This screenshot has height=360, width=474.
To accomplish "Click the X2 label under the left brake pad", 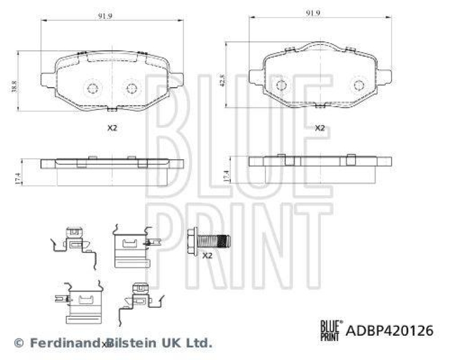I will click(112, 128).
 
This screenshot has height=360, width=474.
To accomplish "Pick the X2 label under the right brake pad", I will click(320, 128).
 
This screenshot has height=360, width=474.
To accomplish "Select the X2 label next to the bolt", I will click(207, 256).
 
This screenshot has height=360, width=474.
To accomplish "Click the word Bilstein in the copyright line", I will click(129, 343).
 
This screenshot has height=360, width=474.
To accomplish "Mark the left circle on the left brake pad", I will click(92, 89).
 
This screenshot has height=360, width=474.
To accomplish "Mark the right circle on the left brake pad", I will click(131, 89).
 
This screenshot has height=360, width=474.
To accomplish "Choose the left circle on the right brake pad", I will click(281, 85).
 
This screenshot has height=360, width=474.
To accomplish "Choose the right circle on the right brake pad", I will click(358, 85).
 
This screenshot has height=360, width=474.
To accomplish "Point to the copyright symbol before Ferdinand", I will click(18, 343).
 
